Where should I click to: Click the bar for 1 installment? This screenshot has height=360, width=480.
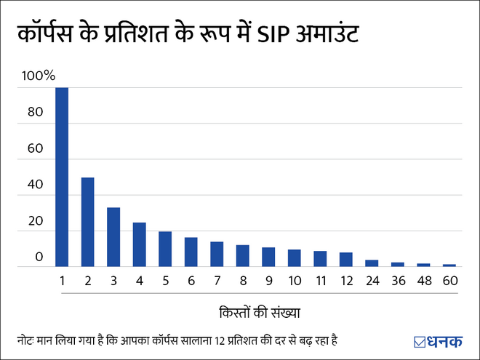click(x=62, y=177)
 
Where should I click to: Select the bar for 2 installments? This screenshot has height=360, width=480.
click(x=87, y=222)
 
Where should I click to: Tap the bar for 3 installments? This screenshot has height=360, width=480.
click(x=113, y=237)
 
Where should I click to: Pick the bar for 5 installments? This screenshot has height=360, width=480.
click(x=165, y=249)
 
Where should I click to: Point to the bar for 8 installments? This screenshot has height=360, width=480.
click(x=242, y=255)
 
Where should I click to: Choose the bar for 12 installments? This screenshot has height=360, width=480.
click(x=345, y=260)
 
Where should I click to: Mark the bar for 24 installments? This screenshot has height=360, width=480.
click(x=372, y=263)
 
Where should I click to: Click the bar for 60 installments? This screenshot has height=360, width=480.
click(x=449, y=265)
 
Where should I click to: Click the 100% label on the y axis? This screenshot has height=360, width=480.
click(x=39, y=76)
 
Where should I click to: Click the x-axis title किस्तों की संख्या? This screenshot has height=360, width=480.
click(x=260, y=313)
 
